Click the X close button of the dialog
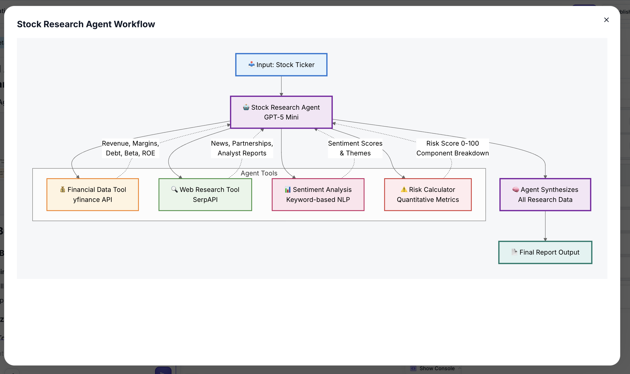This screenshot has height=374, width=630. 606,20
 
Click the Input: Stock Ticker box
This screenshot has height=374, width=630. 281,65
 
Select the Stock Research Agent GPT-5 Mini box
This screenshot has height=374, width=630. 281,112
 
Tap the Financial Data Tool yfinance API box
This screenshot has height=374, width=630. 92,194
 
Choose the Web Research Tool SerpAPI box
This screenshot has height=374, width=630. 205,194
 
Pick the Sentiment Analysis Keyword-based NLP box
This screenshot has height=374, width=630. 318,194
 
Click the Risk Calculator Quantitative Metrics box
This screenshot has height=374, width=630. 428,194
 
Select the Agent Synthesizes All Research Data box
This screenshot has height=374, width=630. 545,194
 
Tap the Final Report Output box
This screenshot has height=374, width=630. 545,252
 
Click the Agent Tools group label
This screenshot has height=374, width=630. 259,173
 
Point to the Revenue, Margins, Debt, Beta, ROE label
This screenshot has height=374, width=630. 130,148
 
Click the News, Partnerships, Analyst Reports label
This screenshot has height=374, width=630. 242,148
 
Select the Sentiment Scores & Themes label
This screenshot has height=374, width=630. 355,148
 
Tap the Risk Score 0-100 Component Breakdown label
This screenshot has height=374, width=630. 452,148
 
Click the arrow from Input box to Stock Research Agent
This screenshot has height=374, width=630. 281,86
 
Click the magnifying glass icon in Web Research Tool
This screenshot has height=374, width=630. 174,189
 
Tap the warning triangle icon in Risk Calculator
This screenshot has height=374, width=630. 404,189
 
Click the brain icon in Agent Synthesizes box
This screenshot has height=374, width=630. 516,190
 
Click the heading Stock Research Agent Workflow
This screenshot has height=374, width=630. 86,24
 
